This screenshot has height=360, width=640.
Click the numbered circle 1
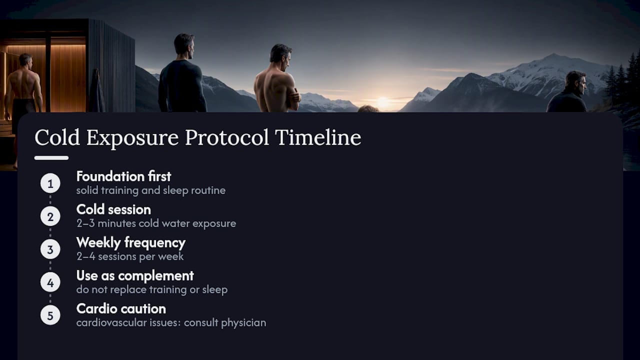click(x=50, y=183)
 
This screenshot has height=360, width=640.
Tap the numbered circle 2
click(x=50, y=216)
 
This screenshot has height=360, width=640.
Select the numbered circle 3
click(x=50, y=249)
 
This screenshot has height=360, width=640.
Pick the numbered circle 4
click(x=50, y=282)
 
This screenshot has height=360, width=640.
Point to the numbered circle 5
click(x=50, y=315)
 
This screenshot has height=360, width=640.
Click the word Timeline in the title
click(x=318, y=137)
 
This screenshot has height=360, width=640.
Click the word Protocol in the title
click(x=227, y=137)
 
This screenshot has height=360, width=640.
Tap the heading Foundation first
click(x=123, y=176)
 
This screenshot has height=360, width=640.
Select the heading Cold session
click(x=113, y=209)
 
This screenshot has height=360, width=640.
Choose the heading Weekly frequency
click(x=131, y=243)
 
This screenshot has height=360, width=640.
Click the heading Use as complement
click(x=135, y=276)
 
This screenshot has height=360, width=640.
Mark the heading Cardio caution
click(x=121, y=309)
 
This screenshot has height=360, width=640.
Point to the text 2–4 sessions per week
click(x=130, y=256)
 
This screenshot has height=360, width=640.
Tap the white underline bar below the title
click(x=51, y=158)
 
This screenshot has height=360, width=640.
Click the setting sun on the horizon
click(x=383, y=102)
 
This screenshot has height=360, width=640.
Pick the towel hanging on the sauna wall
click(x=97, y=91)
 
